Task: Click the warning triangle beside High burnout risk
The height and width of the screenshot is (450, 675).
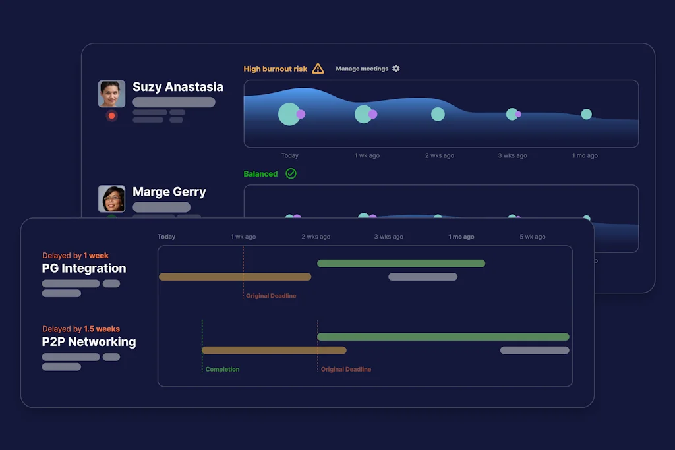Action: tap(318, 69)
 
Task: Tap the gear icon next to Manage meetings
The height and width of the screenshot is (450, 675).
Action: tap(396, 69)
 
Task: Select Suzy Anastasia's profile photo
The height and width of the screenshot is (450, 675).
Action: tap(111, 94)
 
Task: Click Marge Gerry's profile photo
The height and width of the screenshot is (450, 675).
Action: tap(111, 199)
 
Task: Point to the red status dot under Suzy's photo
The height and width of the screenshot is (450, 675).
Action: tap(111, 116)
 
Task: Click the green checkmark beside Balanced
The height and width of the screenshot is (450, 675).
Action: tap(291, 174)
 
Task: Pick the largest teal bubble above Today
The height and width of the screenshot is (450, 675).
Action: tap(289, 114)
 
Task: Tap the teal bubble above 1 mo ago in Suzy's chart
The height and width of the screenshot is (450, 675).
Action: tap(586, 114)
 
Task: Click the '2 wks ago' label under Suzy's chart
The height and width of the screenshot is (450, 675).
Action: tap(440, 156)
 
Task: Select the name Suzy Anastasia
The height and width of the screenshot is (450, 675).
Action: tap(178, 87)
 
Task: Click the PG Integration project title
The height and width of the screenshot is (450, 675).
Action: tap(84, 268)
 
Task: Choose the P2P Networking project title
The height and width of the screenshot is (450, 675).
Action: tap(89, 342)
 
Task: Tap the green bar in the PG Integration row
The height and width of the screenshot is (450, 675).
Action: tap(401, 264)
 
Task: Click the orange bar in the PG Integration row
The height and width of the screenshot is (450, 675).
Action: tap(235, 277)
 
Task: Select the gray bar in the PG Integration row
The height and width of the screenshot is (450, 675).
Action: tap(423, 277)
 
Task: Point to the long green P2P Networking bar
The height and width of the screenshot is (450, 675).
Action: tap(443, 337)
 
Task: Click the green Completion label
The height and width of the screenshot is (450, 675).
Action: tap(222, 370)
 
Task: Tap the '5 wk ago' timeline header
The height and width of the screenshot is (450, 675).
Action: tap(533, 237)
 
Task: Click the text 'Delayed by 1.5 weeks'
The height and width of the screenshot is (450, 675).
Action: tap(81, 329)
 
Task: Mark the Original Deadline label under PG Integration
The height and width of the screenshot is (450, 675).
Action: tap(271, 296)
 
